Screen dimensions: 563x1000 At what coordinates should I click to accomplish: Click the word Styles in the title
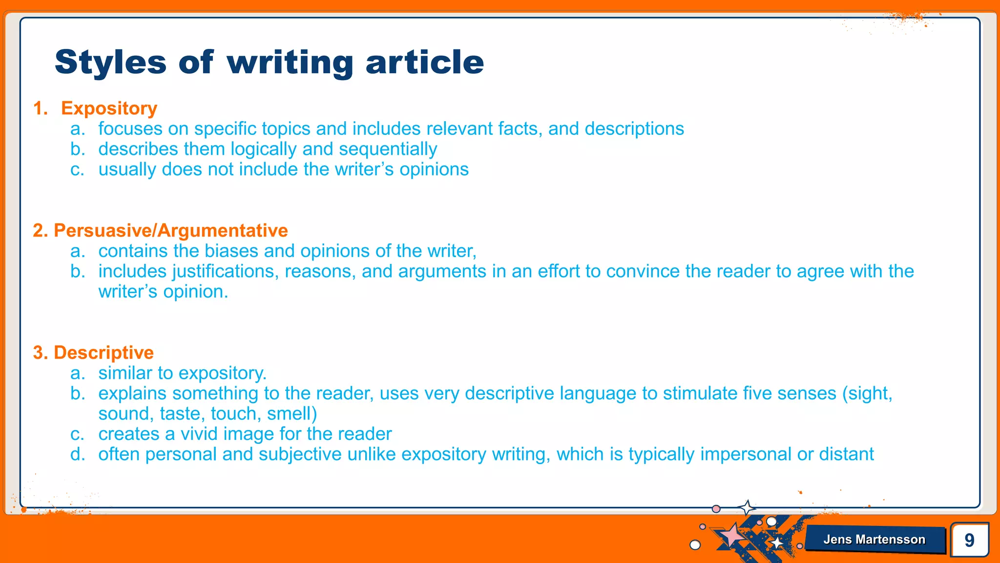(111, 62)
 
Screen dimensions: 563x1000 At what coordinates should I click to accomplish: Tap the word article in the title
(424, 62)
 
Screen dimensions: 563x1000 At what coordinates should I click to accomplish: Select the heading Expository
(109, 108)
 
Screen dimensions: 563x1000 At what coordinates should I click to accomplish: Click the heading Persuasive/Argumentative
(170, 230)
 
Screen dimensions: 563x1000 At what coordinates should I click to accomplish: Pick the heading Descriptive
(104, 352)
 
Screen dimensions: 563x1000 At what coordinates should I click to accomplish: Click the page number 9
(969, 540)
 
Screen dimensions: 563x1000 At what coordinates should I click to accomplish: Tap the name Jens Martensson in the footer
(874, 540)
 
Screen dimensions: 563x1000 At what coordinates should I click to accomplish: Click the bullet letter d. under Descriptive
(78, 455)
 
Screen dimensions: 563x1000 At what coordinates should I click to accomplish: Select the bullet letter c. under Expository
(78, 170)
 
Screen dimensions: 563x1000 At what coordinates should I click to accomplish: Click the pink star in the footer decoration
(731, 535)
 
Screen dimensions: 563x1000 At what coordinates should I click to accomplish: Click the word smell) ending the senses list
(292, 414)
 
